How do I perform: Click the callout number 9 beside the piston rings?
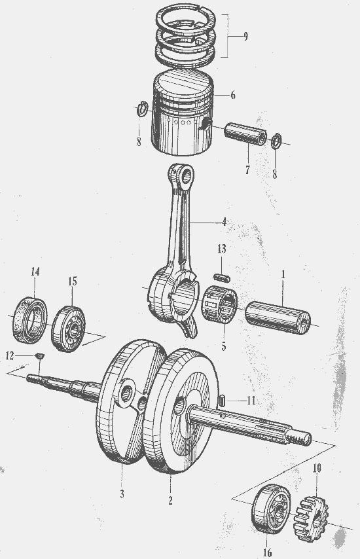pyautogui.click(x=245, y=37)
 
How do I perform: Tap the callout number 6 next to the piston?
pyautogui.click(x=233, y=95)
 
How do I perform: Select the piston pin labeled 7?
pyautogui.click(x=245, y=134)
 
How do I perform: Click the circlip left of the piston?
pyautogui.click(x=143, y=109)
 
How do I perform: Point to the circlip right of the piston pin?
pyautogui.click(x=276, y=141)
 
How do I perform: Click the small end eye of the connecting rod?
pyautogui.click(x=186, y=175)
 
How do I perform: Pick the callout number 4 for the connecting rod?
pyautogui.click(x=224, y=222)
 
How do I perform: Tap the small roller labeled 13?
pyautogui.click(x=222, y=276)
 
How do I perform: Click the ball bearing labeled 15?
pyautogui.click(x=69, y=329)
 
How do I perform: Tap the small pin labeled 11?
pyautogui.click(x=221, y=400)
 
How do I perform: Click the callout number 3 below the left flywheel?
pyautogui.click(x=122, y=494)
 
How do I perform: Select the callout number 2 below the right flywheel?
pyautogui.click(x=170, y=501)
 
